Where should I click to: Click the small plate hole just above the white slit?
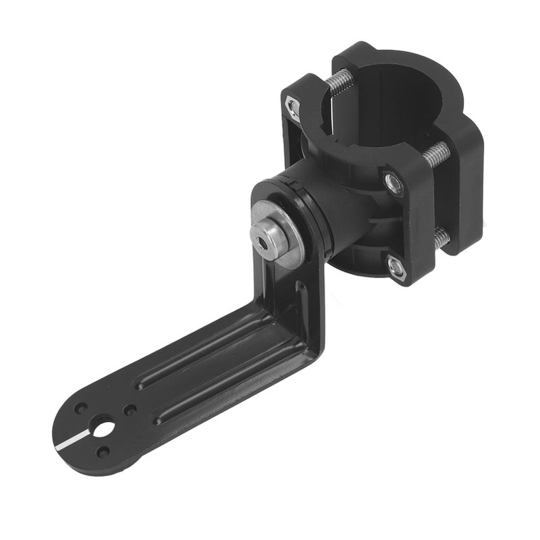point(81,409)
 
